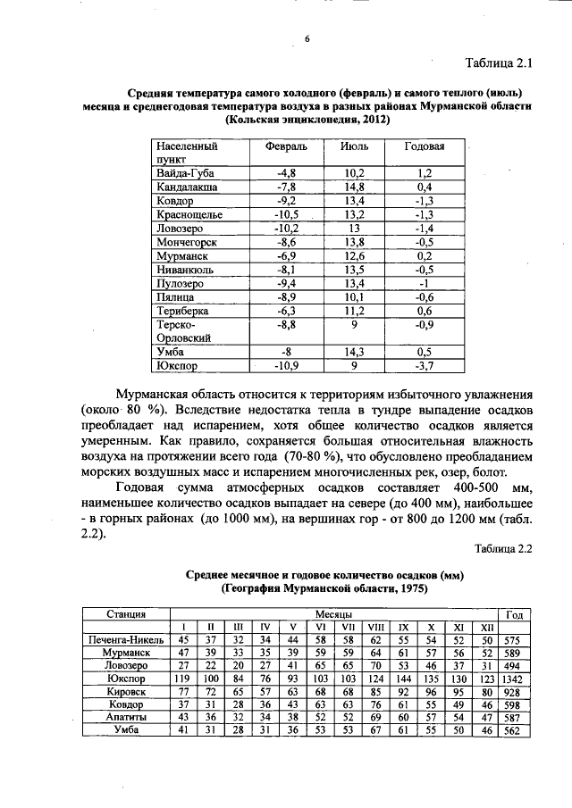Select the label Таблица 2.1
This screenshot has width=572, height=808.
tap(499, 64)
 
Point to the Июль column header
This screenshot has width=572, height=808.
tap(354, 146)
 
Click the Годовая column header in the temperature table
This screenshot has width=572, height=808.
tap(425, 146)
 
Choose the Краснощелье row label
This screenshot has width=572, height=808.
tap(190, 216)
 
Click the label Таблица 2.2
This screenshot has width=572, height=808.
tap(503, 549)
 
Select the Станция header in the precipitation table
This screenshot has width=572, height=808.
tap(127, 614)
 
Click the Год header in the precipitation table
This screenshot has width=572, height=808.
tap(516, 614)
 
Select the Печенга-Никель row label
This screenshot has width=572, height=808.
tap(127, 640)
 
